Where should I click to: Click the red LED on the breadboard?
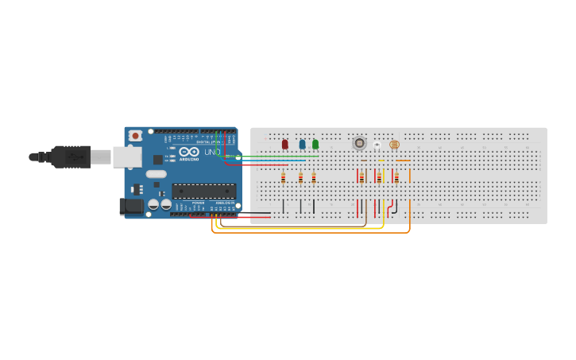point(284,145)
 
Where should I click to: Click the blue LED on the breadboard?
point(302,145)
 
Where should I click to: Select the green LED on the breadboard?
point(315,145)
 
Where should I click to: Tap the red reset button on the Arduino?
point(136,136)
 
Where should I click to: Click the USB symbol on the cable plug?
point(76,157)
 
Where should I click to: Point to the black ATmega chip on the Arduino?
point(204,191)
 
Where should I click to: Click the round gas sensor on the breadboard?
point(359,143)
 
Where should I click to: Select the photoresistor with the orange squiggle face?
point(395,145)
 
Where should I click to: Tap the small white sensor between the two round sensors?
point(377,145)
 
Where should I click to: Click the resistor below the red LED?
point(283,178)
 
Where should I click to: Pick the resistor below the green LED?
point(314,178)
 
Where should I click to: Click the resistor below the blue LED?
point(300,178)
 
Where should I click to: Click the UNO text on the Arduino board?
point(212,152)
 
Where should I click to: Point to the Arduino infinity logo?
point(189,151)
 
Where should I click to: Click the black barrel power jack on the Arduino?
point(131,207)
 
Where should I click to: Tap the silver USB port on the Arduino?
point(126,157)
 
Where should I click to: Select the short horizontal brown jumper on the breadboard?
point(364,161)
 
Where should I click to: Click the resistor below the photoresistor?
point(396,178)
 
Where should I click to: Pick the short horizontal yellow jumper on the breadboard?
point(381,161)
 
